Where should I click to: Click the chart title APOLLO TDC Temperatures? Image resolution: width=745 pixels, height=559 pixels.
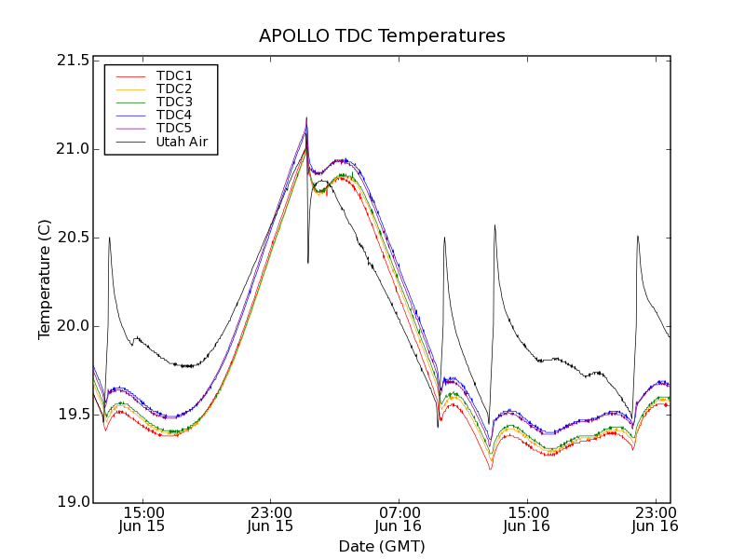382,36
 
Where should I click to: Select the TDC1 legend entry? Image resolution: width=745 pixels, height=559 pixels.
174,75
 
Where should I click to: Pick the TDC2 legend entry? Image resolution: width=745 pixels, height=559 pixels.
174,89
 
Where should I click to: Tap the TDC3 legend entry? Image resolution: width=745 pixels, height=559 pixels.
174,102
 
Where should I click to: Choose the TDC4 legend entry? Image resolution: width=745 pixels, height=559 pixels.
174,115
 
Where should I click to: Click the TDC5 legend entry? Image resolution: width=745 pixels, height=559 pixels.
174,128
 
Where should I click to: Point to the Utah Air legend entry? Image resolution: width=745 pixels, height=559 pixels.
181,142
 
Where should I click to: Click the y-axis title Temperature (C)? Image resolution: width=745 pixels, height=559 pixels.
45,279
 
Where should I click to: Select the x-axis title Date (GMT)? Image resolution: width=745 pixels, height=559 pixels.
382,546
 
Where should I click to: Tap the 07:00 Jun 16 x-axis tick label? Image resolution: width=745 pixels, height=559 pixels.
399,519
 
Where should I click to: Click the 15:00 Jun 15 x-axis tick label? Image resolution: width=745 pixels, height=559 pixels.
142,519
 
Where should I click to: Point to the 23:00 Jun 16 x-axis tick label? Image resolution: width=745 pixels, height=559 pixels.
655,519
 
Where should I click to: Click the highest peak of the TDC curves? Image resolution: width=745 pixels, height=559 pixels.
306,118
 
